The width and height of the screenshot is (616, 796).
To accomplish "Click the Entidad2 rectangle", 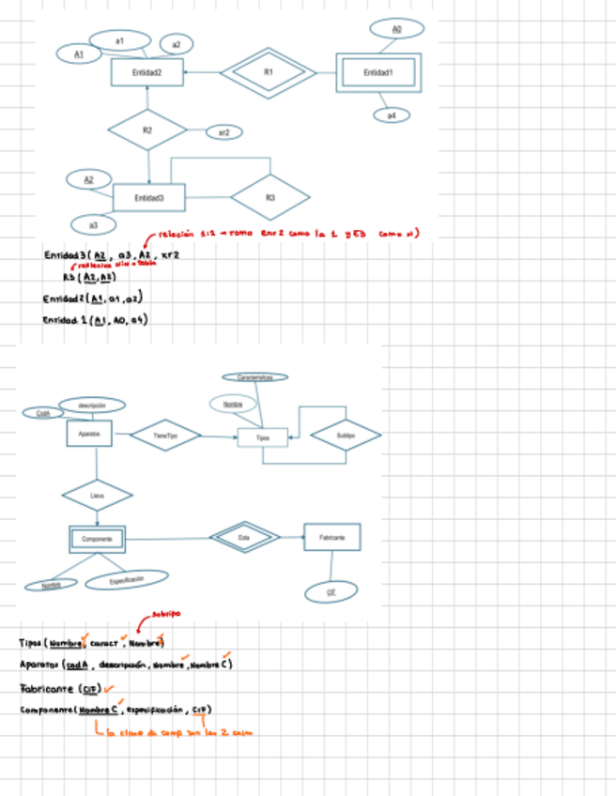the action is coord(146,72).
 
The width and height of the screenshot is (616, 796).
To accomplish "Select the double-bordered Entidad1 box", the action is coord(378,72).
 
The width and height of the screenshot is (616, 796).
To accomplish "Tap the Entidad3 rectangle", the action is coord(148,198).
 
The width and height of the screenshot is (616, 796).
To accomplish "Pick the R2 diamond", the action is coord(147,130).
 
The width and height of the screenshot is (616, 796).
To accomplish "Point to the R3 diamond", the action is coord(269,197).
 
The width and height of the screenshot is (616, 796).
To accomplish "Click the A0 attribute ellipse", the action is coord(395,30).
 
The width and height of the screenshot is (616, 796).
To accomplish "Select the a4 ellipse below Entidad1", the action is coord(392,115).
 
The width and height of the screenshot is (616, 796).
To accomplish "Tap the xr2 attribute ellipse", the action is coord(223,132).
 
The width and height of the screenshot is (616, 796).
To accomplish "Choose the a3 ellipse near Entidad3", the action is coord(94,225).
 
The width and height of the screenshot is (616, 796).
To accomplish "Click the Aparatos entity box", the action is coord(90,434).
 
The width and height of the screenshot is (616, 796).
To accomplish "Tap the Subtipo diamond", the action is coord(346,435).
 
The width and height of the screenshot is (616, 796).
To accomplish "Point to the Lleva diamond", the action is coord(98,494).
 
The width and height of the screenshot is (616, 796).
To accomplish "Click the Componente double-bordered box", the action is coord(97,539).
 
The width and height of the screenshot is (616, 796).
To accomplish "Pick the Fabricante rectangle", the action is coord(331,537).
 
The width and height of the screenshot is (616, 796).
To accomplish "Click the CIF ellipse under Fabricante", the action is coord(331,592).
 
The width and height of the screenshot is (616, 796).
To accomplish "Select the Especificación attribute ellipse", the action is coord(127,581).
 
